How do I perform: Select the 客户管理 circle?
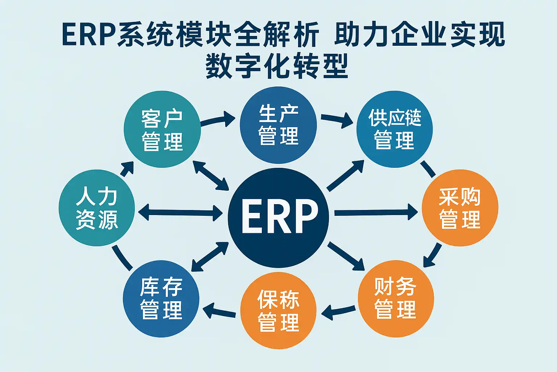coord(162,129)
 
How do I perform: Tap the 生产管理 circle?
coord(278,125)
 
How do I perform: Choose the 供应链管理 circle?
coord(395,129)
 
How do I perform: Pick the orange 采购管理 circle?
coord(460,208)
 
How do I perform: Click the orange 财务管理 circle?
coord(396,299)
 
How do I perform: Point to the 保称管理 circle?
coord(278,310)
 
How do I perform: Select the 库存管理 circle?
coord(161,299)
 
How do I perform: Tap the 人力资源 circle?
coord(97,208)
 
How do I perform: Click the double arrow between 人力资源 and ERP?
coord(181,212)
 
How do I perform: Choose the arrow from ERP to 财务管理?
coord(346,256)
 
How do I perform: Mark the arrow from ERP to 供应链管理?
coord(345,175)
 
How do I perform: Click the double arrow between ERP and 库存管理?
coord(210,257)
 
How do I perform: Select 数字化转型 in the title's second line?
coord(277,66)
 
